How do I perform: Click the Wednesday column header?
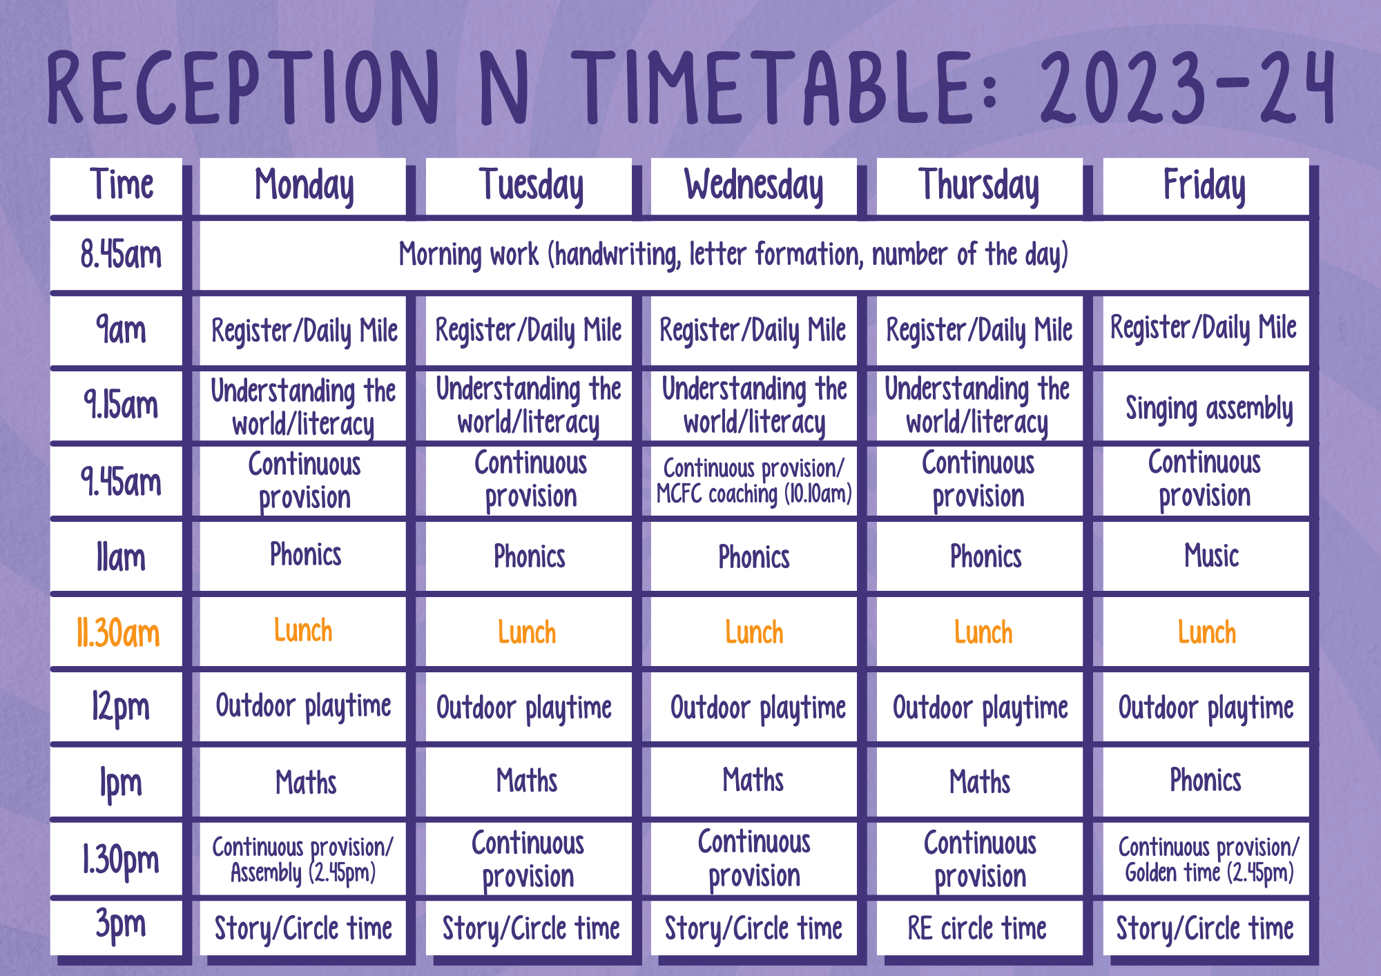(x=753, y=186)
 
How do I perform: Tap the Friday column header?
(x=1206, y=186)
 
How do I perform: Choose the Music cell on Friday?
(x=1206, y=556)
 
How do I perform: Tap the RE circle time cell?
(x=979, y=928)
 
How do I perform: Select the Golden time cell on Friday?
(x=1206, y=859)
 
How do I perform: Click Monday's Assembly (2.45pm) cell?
(x=302, y=859)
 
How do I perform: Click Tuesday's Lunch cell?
(x=528, y=632)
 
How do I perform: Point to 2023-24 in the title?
(x=1187, y=88)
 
